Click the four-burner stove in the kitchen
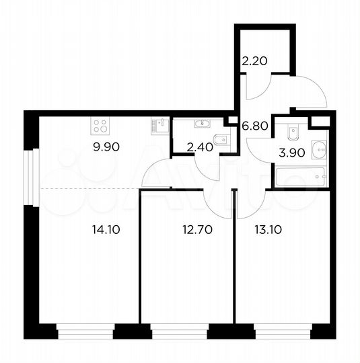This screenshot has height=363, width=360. click(101, 125)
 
